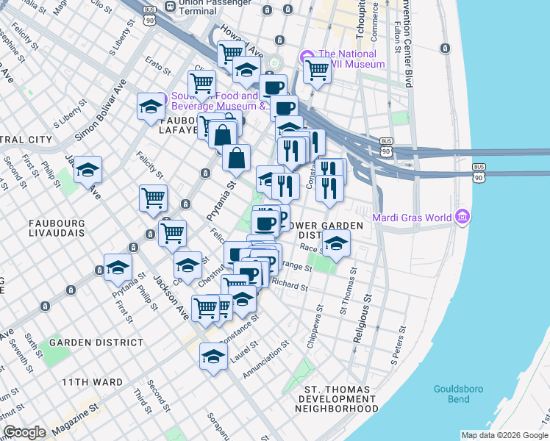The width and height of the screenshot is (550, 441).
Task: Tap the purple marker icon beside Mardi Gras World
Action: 463,217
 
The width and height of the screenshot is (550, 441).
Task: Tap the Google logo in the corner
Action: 24,433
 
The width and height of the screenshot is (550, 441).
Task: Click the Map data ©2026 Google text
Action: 504,435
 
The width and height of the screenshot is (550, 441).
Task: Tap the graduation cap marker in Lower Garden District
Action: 336,243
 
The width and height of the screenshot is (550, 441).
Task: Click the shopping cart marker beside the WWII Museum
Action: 317,71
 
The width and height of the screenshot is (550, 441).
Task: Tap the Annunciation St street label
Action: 266,362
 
